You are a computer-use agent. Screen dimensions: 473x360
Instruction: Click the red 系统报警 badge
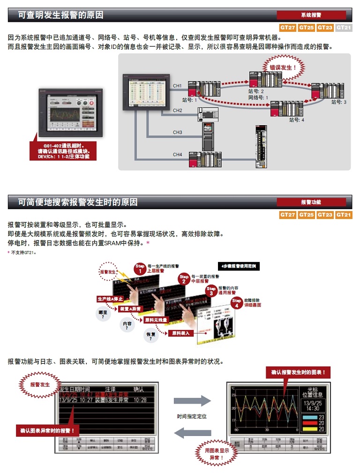click(x=311, y=15)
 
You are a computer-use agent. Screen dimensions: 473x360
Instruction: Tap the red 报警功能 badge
click(x=311, y=202)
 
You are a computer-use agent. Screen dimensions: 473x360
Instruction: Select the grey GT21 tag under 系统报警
click(x=344, y=28)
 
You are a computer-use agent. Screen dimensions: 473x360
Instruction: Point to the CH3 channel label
click(x=177, y=133)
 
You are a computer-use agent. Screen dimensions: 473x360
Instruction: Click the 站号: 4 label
click(x=297, y=120)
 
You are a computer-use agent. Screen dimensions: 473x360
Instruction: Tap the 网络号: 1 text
click(x=258, y=97)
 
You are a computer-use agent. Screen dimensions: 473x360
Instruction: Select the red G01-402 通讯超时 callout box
click(x=63, y=151)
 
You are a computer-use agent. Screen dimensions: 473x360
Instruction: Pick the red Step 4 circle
click(x=236, y=302)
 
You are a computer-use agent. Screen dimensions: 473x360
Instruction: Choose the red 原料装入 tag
click(x=180, y=333)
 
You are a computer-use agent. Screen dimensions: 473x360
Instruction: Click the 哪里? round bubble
click(x=103, y=314)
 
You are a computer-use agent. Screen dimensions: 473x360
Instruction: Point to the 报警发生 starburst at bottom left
click(x=40, y=384)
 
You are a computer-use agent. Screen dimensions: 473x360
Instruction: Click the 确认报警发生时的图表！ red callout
click(x=298, y=373)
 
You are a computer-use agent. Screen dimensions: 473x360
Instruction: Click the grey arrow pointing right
click(x=192, y=401)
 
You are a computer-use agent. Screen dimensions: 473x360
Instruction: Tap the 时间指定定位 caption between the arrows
click(x=192, y=416)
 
